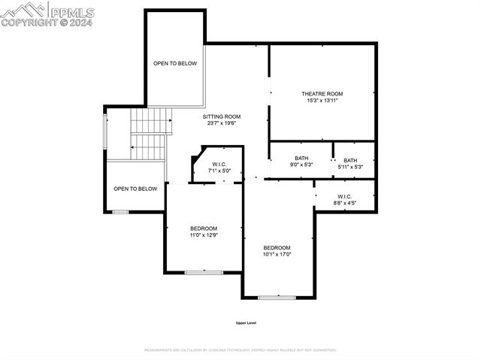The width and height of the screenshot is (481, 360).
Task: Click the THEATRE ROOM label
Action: click(x=322, y=94)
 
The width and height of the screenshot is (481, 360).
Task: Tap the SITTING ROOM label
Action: click(x=222, y=116)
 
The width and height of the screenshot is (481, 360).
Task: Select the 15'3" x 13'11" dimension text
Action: click(x=322, y=101)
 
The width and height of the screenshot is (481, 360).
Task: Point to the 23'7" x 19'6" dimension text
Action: click(x=222, y=123)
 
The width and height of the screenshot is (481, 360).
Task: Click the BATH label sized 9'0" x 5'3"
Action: click(x=301, y=159)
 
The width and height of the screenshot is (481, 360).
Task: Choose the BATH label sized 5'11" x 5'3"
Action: click(x=351, y=160)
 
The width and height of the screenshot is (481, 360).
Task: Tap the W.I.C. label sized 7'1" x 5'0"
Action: click(x=219, y=165)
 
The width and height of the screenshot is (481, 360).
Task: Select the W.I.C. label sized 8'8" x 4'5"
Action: click(x=345, y=197)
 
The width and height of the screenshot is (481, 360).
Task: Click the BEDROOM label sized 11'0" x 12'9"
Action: click(x=203, y=228)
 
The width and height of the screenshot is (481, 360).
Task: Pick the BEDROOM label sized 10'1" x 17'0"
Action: click(x=277, y=248)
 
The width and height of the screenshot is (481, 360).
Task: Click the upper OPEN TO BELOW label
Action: click(x=175, y=64)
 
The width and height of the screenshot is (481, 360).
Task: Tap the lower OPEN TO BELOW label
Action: click(x=135, y=189)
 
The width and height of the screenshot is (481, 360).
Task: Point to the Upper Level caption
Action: click(x=246, y=323)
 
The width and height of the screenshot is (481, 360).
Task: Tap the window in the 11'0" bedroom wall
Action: click(x=203, y=273)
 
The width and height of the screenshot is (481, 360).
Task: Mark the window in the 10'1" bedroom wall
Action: click(x=276, y=298)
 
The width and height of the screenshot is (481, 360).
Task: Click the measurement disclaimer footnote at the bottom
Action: click(x=240, y=349)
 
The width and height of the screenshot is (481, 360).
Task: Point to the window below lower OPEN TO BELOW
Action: click(x=120, y=212)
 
